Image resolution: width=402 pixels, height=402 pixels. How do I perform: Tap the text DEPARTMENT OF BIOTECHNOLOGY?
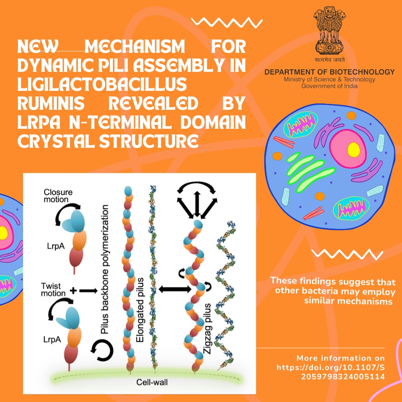329,72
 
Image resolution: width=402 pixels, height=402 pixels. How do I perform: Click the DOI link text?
331,372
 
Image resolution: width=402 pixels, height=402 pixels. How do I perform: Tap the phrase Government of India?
329,86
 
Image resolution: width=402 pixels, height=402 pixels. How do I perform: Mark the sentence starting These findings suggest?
333,291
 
